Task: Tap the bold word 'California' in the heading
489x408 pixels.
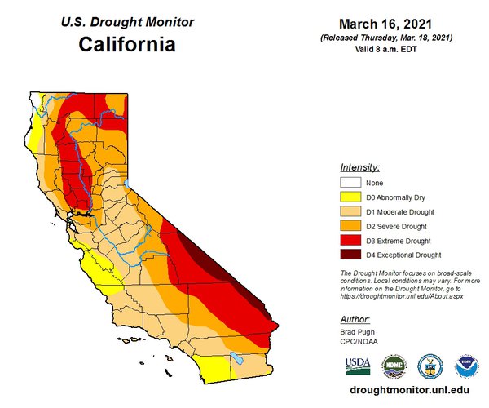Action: [126, 42]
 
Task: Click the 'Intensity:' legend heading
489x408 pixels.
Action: [360, 166]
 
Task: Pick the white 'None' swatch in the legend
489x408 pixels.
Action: [350, 184]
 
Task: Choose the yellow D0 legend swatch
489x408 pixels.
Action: [350, 197]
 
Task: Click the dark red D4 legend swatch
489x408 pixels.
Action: [350, 254]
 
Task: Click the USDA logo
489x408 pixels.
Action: [357, 365]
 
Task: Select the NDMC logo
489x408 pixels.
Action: [393, 365]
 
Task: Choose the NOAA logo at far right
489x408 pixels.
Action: [466, 365]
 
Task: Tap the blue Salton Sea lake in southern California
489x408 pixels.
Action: [237, 357]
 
